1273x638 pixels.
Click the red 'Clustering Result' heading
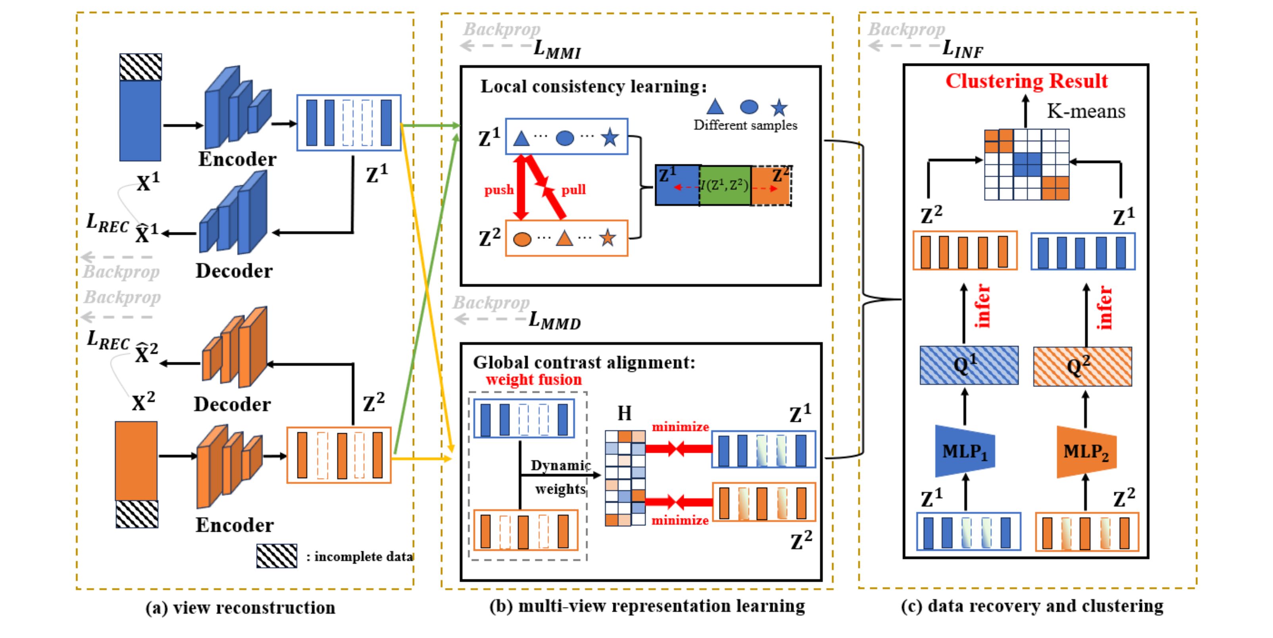(1027, 81)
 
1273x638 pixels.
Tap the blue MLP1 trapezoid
(965, 451)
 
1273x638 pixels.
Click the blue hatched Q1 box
(969, 365)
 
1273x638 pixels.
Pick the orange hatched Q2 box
(1082, 366)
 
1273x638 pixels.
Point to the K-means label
(1086, 111)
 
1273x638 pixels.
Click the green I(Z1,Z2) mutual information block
(725, 186)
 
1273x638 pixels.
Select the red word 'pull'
(573, 190)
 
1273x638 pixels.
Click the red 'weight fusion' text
(534, 380)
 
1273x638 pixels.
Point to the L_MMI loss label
(557, 50)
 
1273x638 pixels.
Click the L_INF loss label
(962, 49)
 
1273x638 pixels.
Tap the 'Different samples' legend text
(745, 125)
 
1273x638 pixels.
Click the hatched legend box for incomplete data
(277, 556)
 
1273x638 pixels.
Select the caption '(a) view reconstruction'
(240, 607)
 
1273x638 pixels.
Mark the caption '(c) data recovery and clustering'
(1032, 606)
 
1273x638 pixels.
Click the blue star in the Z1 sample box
(610, 137)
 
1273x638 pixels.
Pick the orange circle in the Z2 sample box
(522, 239)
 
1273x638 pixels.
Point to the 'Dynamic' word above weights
(560, 465)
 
